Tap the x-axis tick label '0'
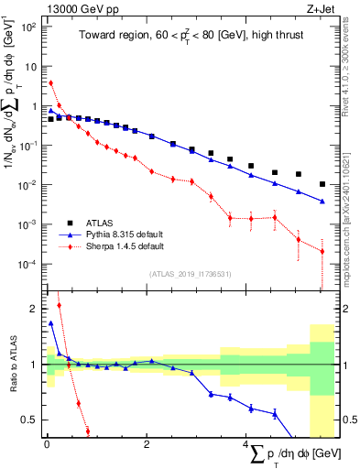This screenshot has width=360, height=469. tap(47, 443)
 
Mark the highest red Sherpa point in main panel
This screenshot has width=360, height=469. tap(50, 83)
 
